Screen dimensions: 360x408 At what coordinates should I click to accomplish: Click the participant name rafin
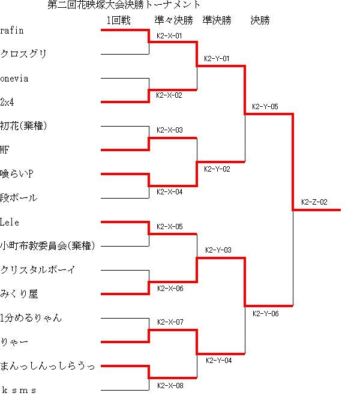(12, 31)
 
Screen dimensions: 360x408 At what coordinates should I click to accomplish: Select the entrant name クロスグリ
(23, 54)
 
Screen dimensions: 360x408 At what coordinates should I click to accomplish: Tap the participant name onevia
(14, 79)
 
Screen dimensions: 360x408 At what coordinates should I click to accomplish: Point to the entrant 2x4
(7, 102)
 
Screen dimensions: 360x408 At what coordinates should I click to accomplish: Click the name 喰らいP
(17, 174)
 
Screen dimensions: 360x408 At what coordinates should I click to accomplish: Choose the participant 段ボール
(19, 198)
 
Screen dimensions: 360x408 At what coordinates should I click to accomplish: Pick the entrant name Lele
(10, 222)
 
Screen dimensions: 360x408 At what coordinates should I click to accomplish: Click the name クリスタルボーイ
(38, 269)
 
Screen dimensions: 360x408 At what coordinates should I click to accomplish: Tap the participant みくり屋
(19, 294)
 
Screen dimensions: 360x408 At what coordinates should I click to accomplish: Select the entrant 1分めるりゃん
(31, 318)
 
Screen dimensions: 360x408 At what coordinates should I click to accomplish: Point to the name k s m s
(19, 390)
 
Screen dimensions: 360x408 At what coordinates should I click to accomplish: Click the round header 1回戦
(119, 20)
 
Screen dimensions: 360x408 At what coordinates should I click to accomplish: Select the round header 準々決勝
(174, 20)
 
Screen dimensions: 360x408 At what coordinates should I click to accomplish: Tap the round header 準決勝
(217, 20)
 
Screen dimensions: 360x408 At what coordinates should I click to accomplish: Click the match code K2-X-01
(169, 36)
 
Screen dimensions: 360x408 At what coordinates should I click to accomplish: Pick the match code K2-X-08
(170, 386)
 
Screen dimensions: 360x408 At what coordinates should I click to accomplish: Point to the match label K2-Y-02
(217, 169)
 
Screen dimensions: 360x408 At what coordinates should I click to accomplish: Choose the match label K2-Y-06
(266, 314)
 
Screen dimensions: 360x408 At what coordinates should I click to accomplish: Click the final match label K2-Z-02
(314, 202)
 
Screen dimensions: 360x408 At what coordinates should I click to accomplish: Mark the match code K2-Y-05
(265, 107)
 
